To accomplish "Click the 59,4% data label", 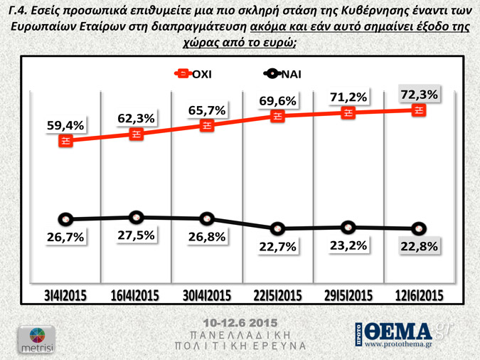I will (x=65, y=125).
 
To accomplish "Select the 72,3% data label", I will (x=420, y=94).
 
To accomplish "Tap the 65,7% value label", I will (x=206, y=110).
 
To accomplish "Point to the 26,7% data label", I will (x=65, y=237).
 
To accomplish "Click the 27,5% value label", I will (x=135, y=235).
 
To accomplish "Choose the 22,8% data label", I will (x=420, y=247).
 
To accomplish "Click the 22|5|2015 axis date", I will (x=277, y=296).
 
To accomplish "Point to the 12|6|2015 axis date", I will (x=420, y=296).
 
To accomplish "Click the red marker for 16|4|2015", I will (x=136, y=134).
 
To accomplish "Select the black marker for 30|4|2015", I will (x=207, y=218).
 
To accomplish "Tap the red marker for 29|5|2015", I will (x=348, y=112).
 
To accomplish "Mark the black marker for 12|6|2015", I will (x=420, y=228).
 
